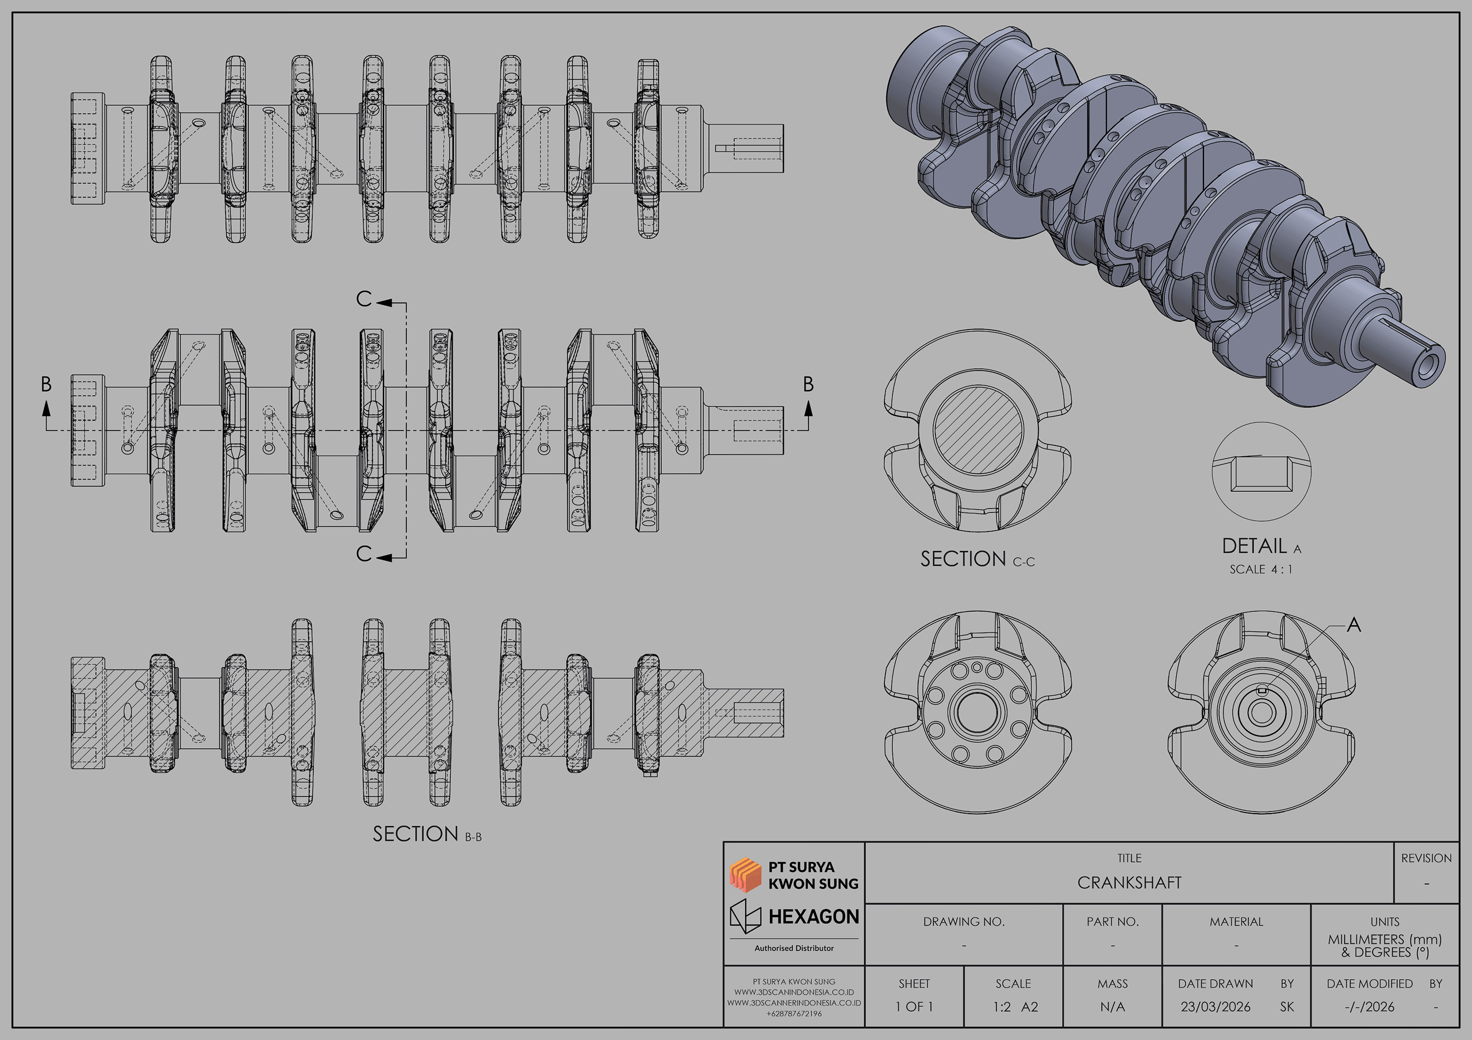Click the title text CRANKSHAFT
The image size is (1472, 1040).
coord(1129,883)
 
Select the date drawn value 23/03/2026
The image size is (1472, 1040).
coord(1215,1007)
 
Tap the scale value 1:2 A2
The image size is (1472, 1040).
coord(1015,1007)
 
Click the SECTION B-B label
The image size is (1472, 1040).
coord(426,834)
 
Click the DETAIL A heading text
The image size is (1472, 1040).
coord(1260,546)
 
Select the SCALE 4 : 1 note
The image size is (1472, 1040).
coord(1260,569)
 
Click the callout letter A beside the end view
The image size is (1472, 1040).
coord(1354,625)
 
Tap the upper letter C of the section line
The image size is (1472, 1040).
coord(363,299)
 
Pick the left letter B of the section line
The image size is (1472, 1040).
coord(46,384)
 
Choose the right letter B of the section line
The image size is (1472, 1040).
coord(808,384)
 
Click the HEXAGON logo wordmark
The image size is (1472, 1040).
coord(813,916)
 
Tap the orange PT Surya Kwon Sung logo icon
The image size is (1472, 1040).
coord(745,875)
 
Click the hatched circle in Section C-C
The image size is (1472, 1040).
coord(977,430)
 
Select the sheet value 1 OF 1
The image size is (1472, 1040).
coord(914,1007)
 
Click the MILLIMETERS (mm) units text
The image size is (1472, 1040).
coord(1384,939)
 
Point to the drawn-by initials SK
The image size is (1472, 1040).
coord(1287,1007)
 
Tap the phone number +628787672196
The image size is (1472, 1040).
coord(793,1014)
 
